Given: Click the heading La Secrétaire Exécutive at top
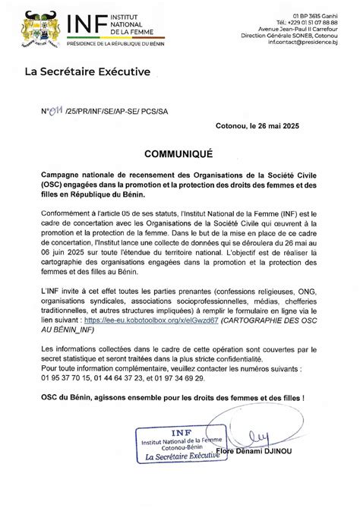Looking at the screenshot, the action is pyautogui.click(x=87, y=72).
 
